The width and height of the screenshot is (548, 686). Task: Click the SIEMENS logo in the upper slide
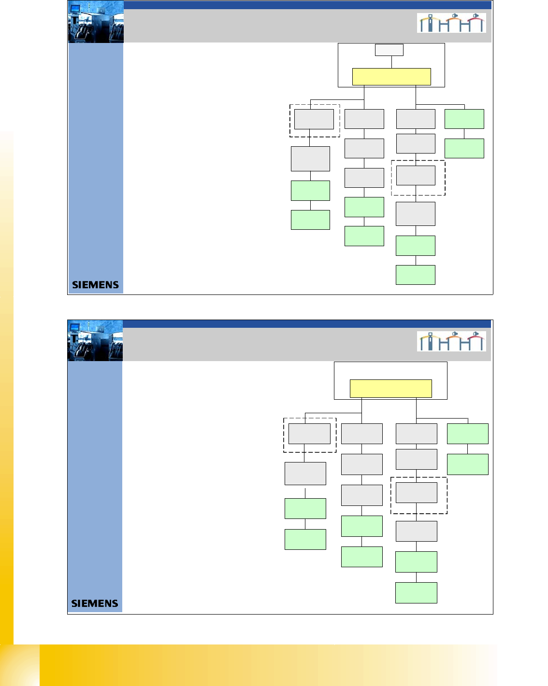pos(95,285)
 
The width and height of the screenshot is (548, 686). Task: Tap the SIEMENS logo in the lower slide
pos(95,603)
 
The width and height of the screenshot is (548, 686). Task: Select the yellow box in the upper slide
pos(391,77)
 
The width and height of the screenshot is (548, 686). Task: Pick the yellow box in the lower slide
pos(390,389)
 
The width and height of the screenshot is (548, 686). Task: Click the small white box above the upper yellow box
pos(389,50)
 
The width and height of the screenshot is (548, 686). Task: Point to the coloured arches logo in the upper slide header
pos(451,23)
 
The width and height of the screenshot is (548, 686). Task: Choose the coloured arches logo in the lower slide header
pos(451,341)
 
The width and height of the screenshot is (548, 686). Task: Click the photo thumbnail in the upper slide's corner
pos(96,22)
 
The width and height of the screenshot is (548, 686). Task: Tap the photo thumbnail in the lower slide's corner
pos(95,341)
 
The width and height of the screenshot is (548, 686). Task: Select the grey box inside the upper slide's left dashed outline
pos(314,119)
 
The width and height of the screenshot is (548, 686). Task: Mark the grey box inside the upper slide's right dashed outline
pos(416,176)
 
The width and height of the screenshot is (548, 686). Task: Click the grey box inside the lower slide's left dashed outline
pos(309,434)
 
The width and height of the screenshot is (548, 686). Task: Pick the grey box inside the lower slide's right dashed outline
pos(417,492)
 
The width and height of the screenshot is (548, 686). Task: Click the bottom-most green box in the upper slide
pos(416,275)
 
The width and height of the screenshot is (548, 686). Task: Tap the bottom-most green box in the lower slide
pos(416,593)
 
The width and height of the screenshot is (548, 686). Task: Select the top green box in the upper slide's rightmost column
pos(464,119)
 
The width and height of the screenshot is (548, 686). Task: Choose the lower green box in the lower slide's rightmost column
pos(468,464)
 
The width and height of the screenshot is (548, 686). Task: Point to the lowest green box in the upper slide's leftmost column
pos(310,220)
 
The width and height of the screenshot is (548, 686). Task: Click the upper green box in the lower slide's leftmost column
pos(305,508)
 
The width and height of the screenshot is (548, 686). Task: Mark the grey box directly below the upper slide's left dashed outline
pos(310,159)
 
